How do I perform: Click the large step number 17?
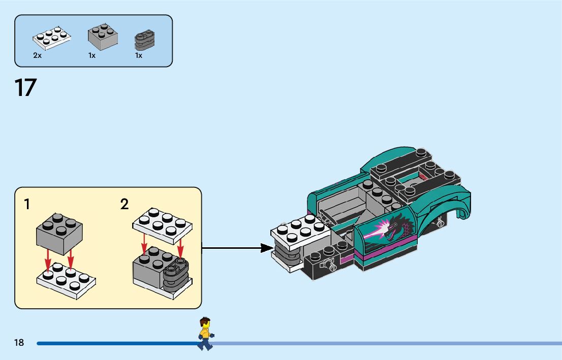coord(25,87)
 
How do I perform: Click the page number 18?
coord(19,343)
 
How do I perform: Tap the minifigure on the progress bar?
coord(205,334)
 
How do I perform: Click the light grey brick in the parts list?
coord(103,37)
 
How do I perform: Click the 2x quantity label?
coord(37,55)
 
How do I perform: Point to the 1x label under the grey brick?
coord(92,55)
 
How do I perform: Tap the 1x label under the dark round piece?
coord(139,55)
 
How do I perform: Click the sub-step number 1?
coord(27,205)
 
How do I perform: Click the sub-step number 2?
coord(124,205)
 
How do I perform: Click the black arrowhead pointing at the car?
coord(267,248)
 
